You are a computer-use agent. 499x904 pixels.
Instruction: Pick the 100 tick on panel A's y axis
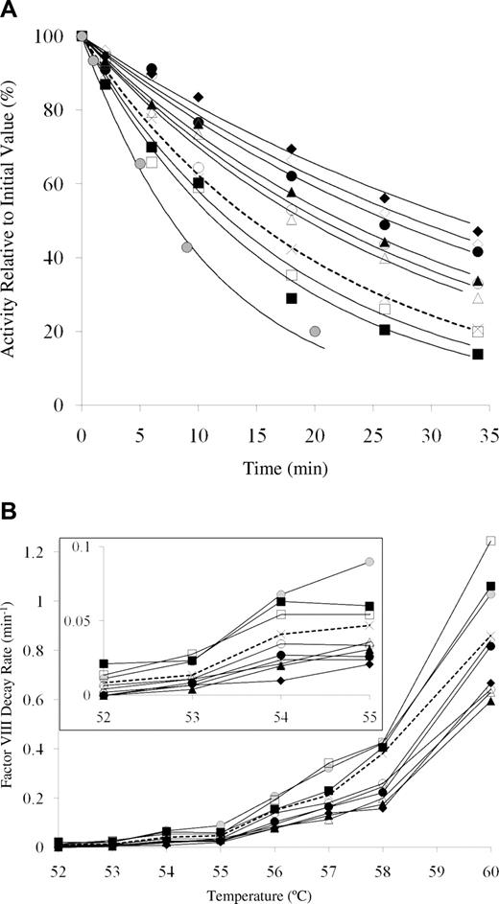59,36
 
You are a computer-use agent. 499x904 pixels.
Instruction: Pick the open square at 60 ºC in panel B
491,541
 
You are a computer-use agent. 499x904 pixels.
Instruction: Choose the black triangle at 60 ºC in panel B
491,701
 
